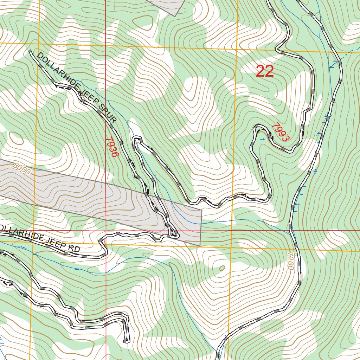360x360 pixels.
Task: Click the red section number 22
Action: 265,71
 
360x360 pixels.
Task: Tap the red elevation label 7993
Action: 281,132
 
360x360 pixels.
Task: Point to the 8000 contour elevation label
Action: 22,169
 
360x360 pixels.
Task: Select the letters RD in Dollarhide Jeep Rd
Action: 74,249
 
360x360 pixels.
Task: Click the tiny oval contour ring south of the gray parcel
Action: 222,268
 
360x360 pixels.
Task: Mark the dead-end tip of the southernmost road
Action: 126,340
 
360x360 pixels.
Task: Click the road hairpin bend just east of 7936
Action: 136,139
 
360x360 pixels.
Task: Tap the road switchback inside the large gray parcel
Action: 174,234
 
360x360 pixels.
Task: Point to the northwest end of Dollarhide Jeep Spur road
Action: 30,52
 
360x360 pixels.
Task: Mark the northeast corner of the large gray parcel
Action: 202,211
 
